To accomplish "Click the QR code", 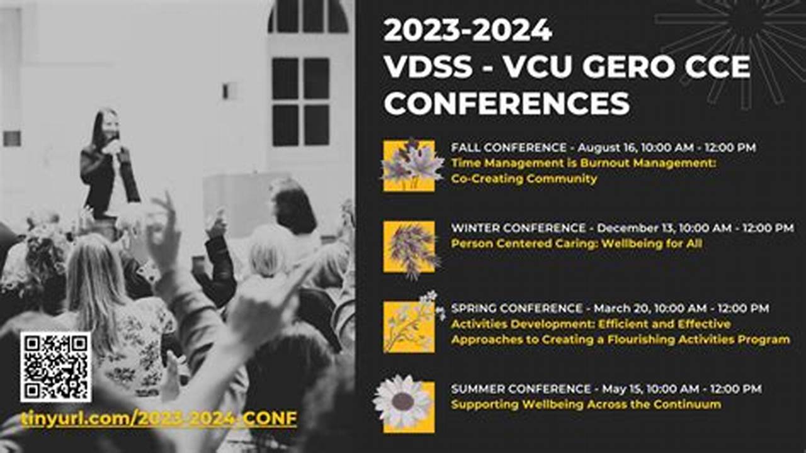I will (55, 367).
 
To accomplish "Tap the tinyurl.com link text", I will (159, 418).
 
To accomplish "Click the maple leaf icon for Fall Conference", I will (409, 165).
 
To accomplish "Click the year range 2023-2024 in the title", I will (467, 30).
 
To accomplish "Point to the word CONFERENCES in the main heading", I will (507, 103).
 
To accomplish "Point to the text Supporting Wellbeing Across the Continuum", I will (586, 405).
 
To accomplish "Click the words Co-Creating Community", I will (524, 179).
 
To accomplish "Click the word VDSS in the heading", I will (429, 67).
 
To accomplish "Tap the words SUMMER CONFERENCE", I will (521, 389).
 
